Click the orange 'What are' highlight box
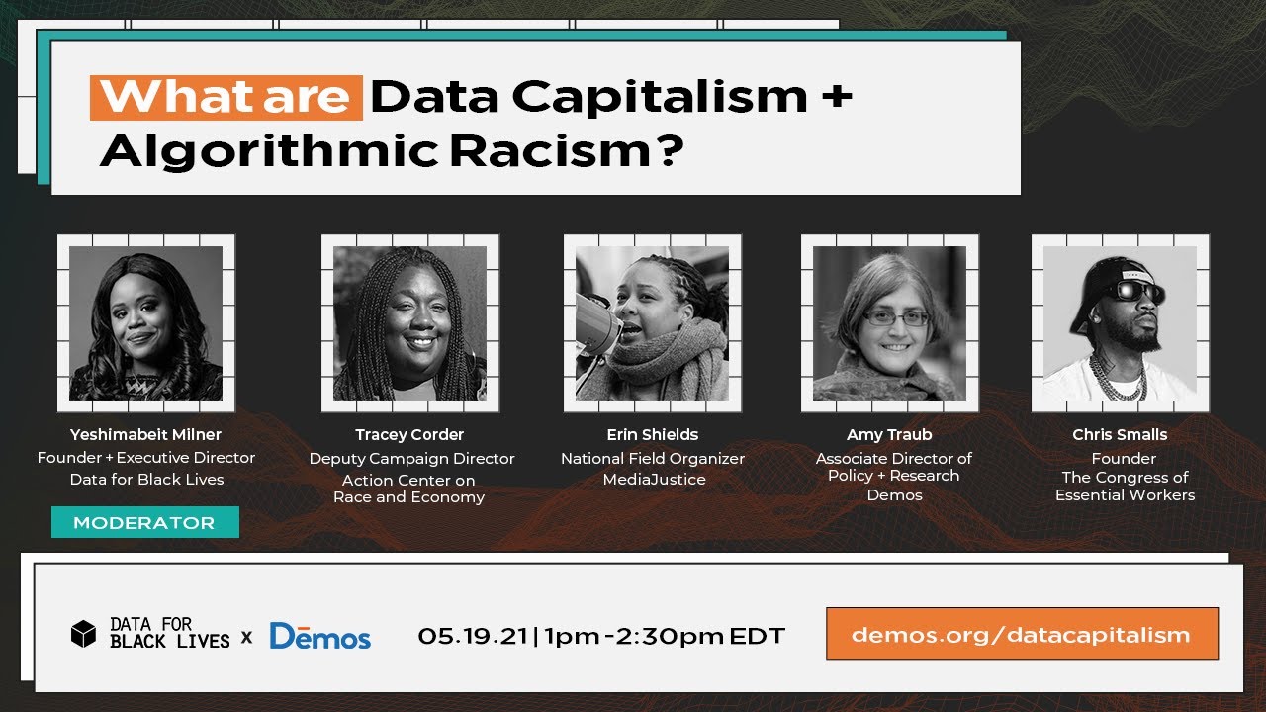226,97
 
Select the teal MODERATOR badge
144,522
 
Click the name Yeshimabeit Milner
145,434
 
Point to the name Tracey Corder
409,435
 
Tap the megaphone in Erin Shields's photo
596,321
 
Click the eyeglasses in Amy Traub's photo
897,317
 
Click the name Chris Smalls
1120,435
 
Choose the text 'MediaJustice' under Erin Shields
654,480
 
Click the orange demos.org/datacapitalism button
1021,634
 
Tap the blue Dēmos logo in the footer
319,636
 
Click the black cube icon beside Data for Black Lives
84,634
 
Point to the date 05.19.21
472,636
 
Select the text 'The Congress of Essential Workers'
1125,487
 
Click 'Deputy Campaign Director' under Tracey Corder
411,459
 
